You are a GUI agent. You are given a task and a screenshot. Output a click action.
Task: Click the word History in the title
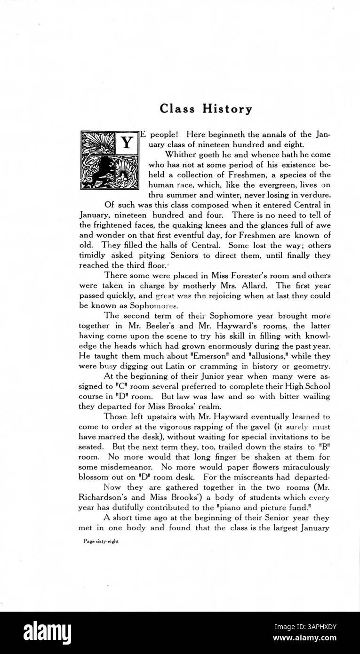pos(227,109)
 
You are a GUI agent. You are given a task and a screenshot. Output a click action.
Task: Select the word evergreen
pos(267,184)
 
